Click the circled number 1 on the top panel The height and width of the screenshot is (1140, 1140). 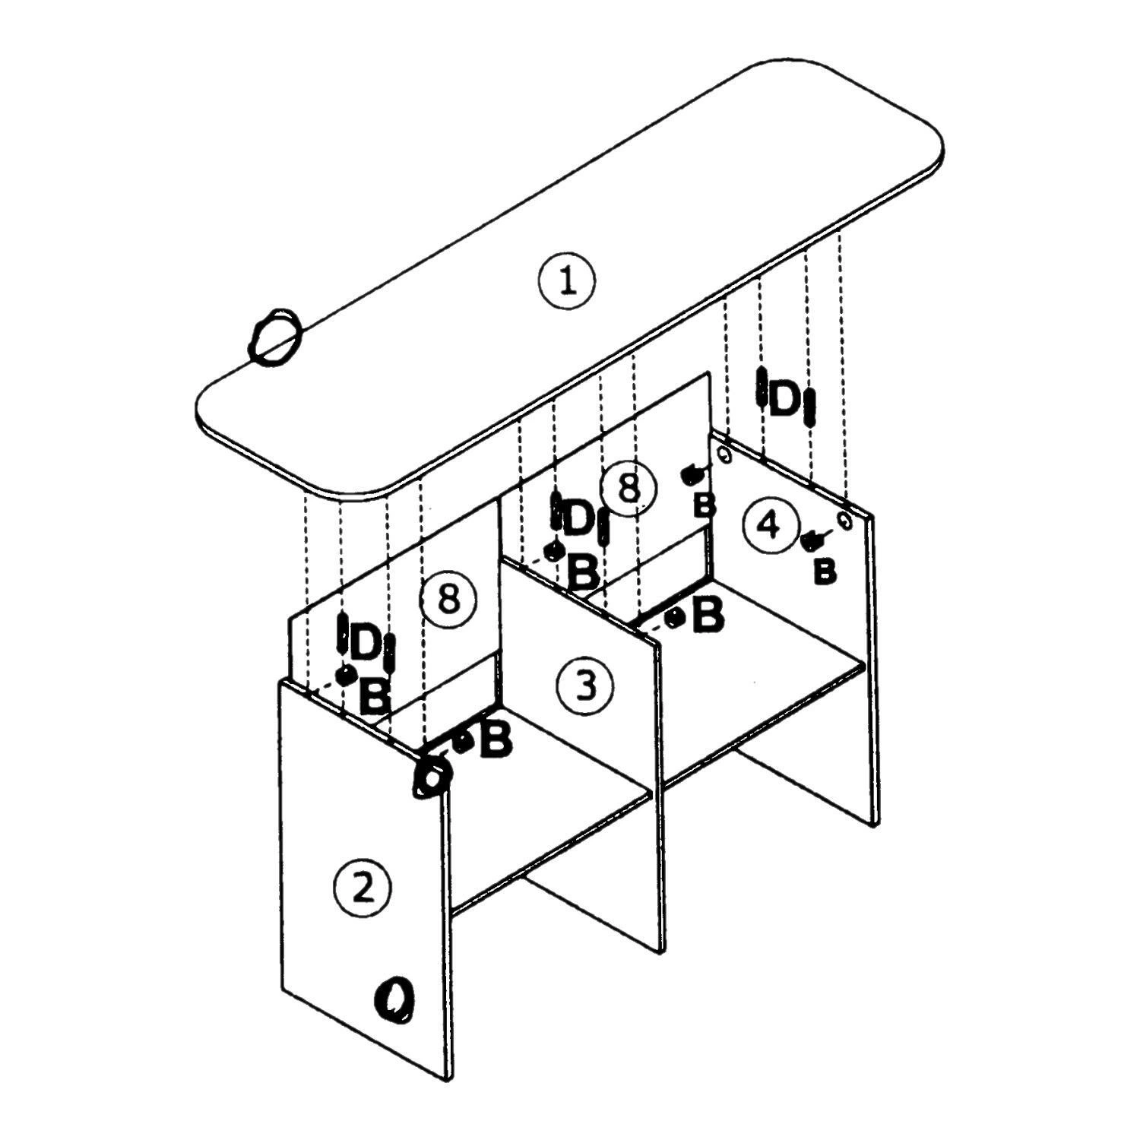(567, 281)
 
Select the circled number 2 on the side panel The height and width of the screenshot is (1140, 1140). (363, 887)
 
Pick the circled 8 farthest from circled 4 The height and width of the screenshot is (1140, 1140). (448, 599)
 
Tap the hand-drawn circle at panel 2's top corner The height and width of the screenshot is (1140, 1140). (432, 777)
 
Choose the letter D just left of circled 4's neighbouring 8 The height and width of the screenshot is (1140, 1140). (579, 518)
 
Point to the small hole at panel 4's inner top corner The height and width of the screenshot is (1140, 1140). (724, 456)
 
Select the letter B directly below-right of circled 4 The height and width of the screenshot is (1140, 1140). (825, 571)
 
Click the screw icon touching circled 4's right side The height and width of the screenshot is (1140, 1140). (812, 540)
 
